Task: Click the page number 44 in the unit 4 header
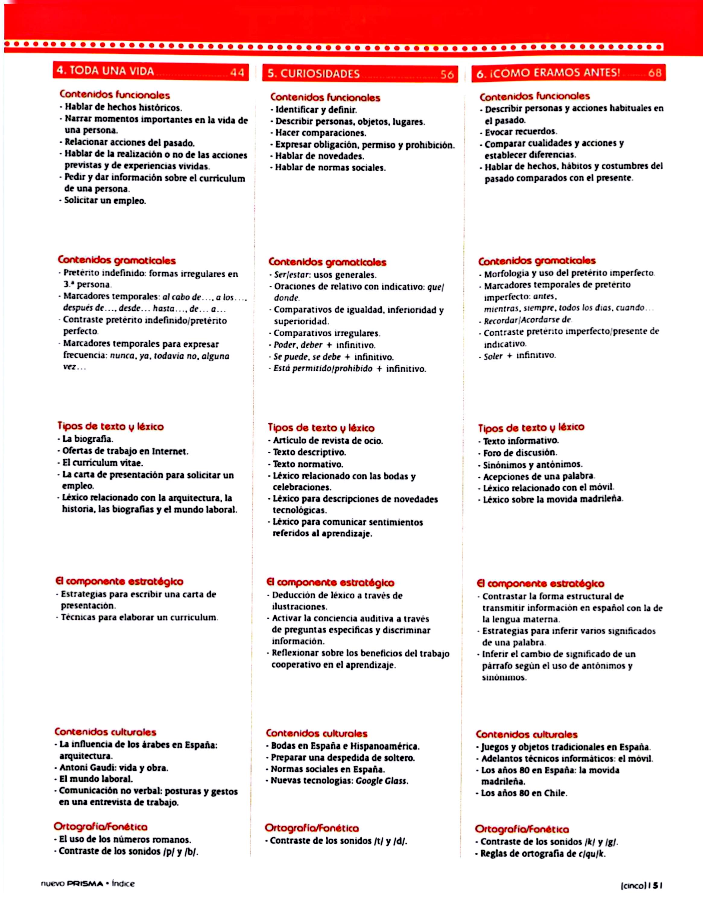237,72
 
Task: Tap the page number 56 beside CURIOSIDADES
447,75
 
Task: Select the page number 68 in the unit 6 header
655,73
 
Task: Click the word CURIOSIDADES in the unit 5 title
320,74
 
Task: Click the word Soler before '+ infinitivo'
493,356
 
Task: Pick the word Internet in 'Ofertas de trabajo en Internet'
170,451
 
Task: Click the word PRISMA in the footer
84,884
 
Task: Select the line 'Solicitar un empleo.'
105,201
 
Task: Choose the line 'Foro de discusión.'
520,453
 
